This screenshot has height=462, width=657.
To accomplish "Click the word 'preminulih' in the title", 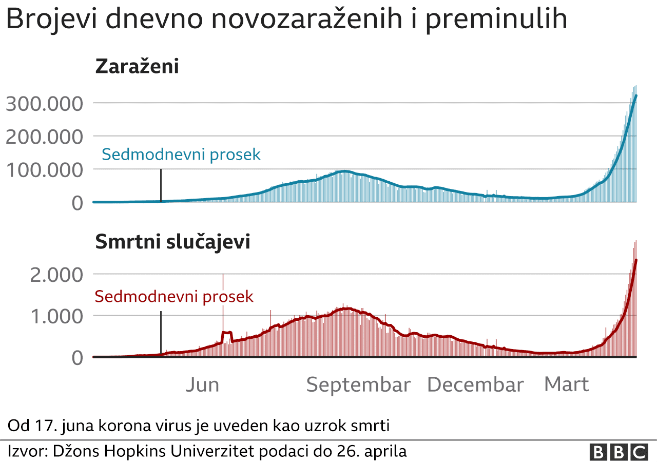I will click(x=496, y=20).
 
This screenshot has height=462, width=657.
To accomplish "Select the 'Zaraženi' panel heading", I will click(x=137, y=67).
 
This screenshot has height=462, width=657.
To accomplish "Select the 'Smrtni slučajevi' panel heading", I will click(x=172, y=242).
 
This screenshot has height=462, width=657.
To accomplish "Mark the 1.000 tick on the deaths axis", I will click(x=56, y=316).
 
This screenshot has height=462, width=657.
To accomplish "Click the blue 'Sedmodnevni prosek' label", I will click(x=181, y=155).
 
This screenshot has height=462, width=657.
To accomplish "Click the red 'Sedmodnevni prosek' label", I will click(x=174, y=297).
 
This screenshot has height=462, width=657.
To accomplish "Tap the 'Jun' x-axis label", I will click(x=202, y=385).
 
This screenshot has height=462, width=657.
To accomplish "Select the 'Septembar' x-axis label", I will click(x=358, y=385).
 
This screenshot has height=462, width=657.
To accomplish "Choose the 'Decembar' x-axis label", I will click(x=475, y=385).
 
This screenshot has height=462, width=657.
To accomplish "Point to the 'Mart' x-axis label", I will click(x=566, y=385).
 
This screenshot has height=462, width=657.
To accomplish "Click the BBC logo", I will click(x=619, y=452).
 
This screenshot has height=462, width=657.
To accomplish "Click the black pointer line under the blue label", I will click(x=161, y=185).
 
